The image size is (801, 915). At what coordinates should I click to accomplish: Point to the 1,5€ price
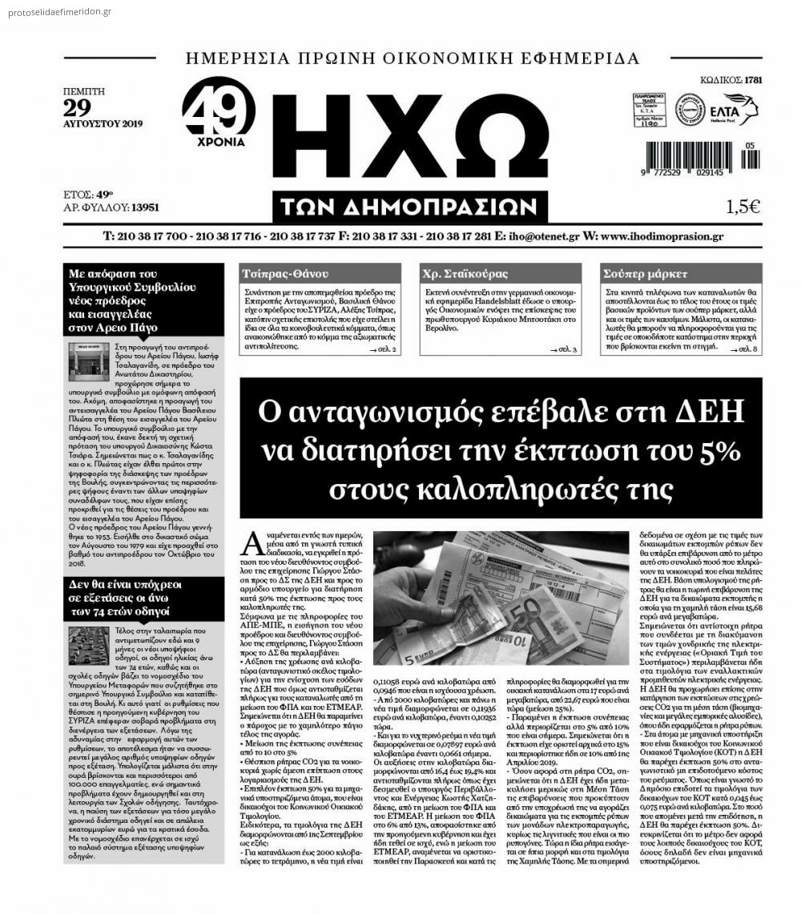pyautogui.click(x=743, y=207)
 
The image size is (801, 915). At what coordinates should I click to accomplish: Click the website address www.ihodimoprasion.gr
pyautogui.click(x=661, y=236)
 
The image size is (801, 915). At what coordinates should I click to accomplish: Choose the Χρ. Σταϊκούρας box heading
pyautogui.click(x=465, y=273)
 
